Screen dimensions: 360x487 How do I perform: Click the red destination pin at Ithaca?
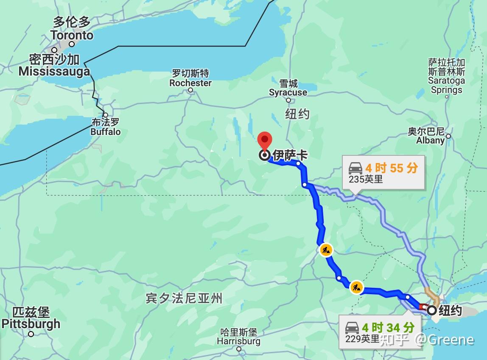(265, 141)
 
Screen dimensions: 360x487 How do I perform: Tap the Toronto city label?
(72, 35)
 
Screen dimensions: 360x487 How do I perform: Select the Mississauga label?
(54, 71)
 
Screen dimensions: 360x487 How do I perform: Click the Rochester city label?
(190, 83)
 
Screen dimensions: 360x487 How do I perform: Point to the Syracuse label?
(288, 92)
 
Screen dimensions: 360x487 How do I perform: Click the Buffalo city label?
(106, 132)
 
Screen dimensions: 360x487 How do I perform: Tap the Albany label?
(430, 140)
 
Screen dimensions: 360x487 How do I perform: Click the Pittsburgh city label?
(31, 324)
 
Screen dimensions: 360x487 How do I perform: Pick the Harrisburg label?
(238, 341)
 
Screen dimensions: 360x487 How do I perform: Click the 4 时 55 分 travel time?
(391, 168)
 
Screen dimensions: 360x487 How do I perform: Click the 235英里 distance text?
(366, 179)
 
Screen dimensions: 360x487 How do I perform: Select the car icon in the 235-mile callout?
(355, 168)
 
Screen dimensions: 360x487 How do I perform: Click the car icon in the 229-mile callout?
(352, 328)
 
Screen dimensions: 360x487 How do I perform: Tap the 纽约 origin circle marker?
(432, 310)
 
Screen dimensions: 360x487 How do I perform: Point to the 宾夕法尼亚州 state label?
(184, 298)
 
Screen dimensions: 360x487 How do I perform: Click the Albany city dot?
(448, 136)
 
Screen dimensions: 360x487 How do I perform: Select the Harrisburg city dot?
(239, 349)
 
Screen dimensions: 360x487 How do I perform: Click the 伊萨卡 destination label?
(290, 155)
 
